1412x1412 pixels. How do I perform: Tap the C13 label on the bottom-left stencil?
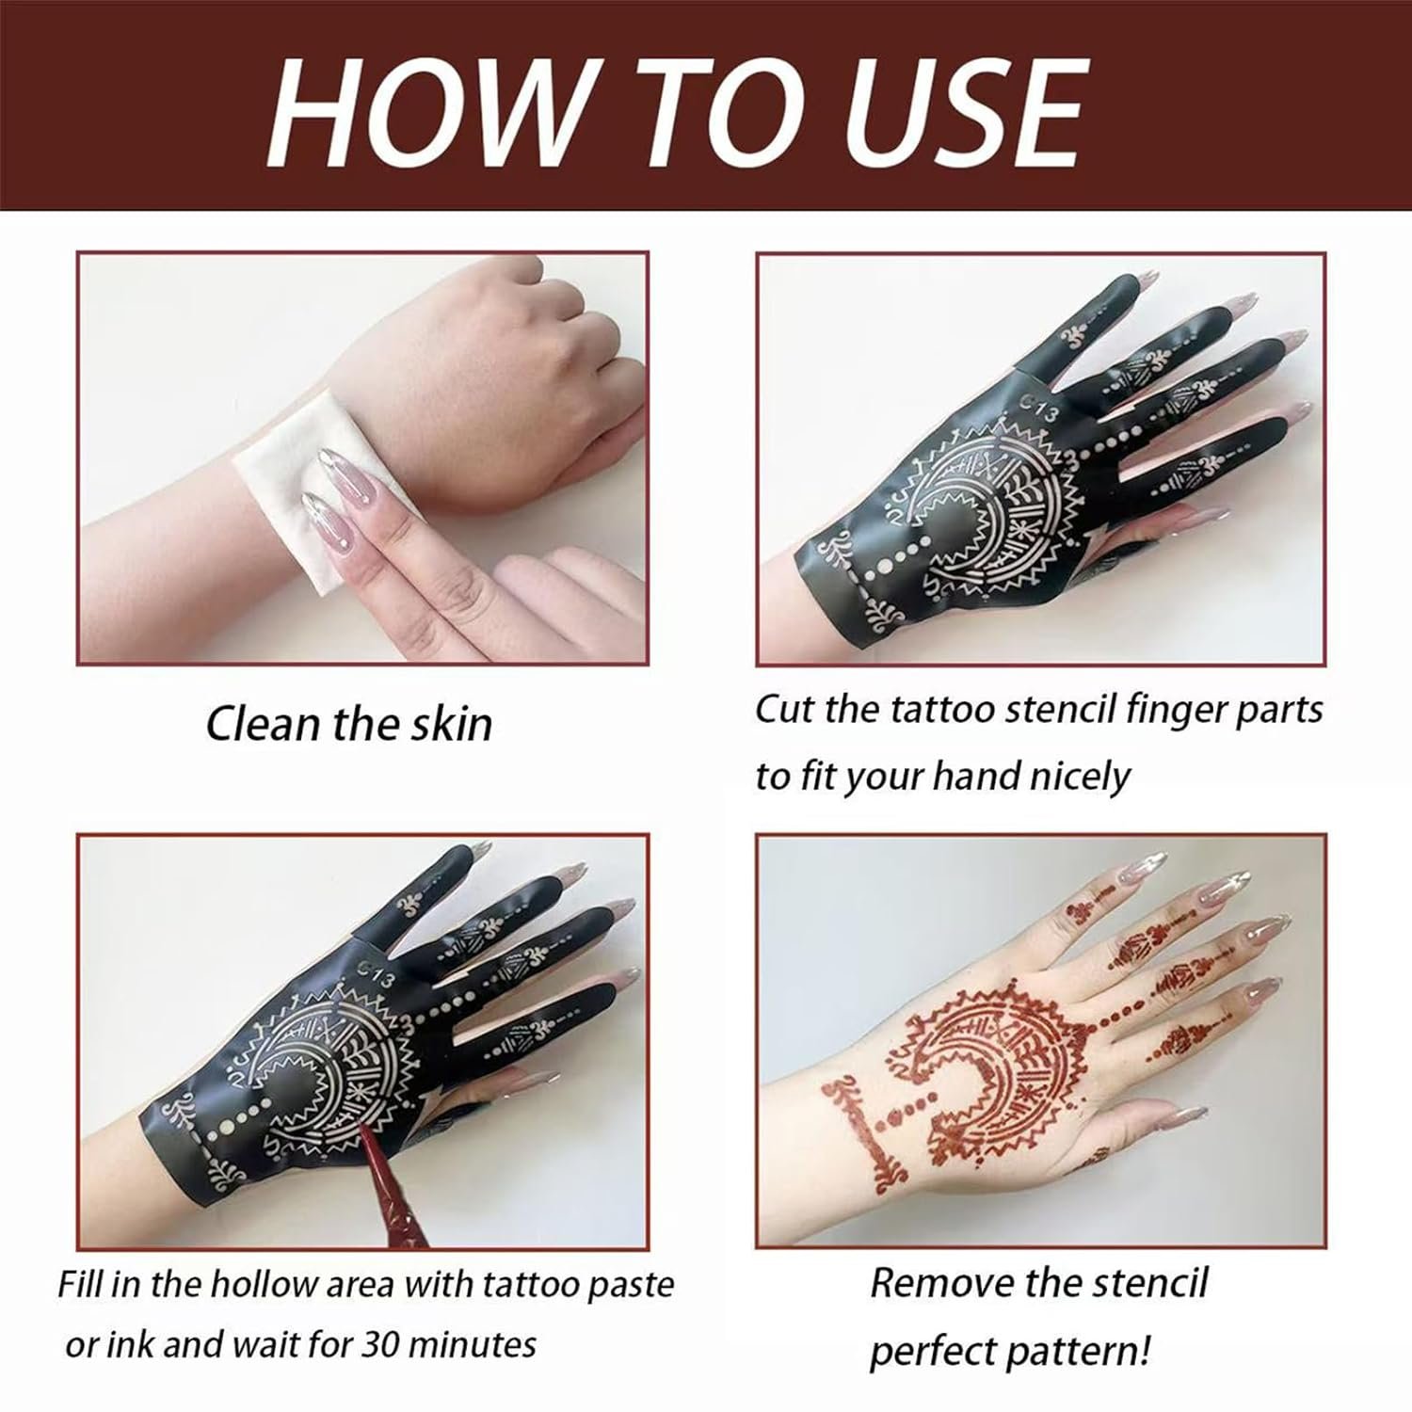[376, 972]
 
